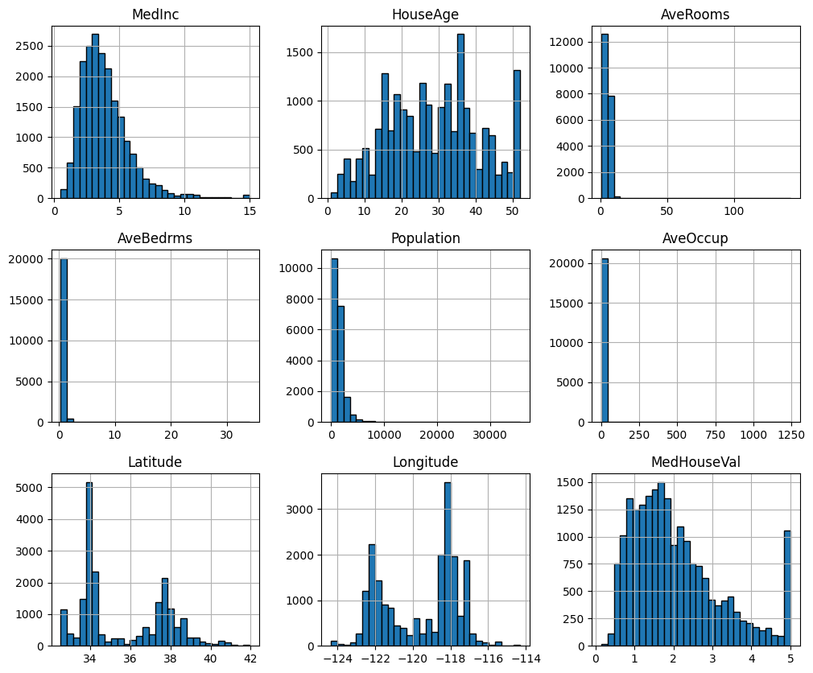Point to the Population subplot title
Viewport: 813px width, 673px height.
[x=425, y=238]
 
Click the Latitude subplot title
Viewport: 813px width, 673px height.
[x=155, y=462]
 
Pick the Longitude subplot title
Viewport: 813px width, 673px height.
[x=425, y=462]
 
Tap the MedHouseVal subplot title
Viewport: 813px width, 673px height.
[x=695, y=462]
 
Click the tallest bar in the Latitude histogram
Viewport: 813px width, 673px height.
[x=89, y=564]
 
